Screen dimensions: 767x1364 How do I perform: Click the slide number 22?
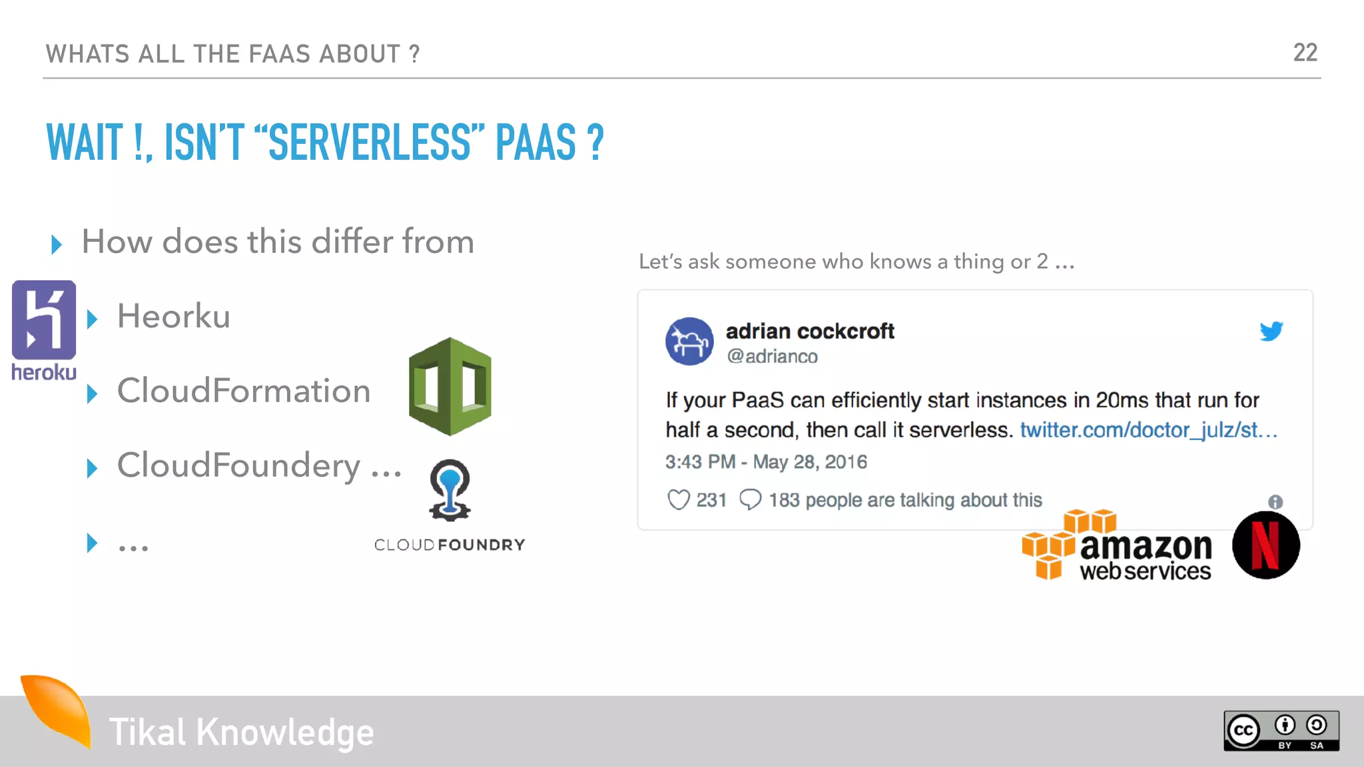pyautogui.click(x=1305, y=53)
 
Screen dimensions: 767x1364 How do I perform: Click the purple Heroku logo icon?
pyautogui.click(x=44, y=320)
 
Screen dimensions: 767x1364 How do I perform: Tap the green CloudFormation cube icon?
pyautogui.click(x=450, y=387)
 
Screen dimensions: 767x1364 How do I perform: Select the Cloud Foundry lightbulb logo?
pyautogui.click(x=450, y=489)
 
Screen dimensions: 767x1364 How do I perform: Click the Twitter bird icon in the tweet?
pyautogui.click(x=1271, y=331)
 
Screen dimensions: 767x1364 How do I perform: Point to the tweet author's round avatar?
pyautogui.click(x=689, y=341)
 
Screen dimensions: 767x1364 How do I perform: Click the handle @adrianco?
pyautogui.click(x=772, y=357)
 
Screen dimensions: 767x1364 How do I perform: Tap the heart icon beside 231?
pyautogui.click(x=678, y=499)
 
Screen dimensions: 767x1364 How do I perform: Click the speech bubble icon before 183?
pyautogui.click(x=750, y=499)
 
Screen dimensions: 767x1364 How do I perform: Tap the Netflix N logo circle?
pyautogui.click(x=1265, y=545)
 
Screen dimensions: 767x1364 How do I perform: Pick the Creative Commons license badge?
pyautogui.click(x=1281, y=731)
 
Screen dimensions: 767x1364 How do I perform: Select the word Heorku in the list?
pyautogui.click(x=174, y=316)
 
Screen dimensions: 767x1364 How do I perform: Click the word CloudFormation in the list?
pyautogui.click(x=244, y=391)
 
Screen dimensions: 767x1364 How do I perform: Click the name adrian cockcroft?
pyautogui.click(x=810, y=331)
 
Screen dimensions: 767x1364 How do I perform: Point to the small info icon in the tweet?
pyautogui.click(x=1275, y=502)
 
